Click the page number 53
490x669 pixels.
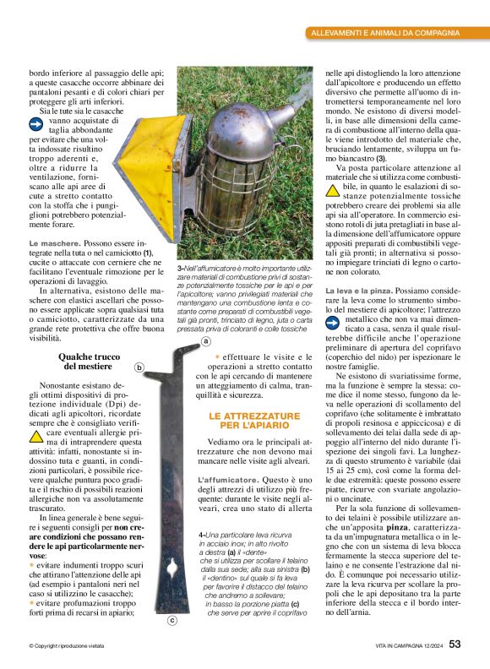(x=455, y=645)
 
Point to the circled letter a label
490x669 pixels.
(x=205, y=342)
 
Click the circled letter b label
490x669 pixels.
(x=139, y=366)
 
